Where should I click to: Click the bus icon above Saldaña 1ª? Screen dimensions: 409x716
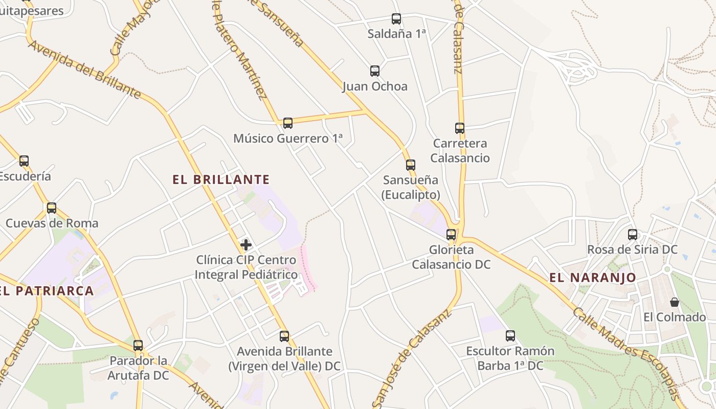[x=396, y=19]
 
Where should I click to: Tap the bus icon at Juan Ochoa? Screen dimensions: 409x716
[x=375, y=71]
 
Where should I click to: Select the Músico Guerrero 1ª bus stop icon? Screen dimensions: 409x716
[x=288, y=123]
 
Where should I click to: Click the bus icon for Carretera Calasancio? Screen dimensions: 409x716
[x=460, y=128]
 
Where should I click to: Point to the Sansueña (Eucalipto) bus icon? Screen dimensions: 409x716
[x=411, y=165]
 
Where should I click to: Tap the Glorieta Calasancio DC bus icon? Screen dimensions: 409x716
[x=451, y=235]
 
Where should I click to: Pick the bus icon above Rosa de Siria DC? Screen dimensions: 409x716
[x=633, y=235]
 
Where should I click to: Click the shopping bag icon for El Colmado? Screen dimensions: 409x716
[x=675, y=302]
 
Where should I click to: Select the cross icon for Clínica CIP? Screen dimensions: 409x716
[x=246, y=245]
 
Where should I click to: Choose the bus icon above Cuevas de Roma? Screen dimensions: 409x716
[x=52, y=208]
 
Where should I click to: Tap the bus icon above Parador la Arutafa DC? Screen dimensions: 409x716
[x=138, y=345]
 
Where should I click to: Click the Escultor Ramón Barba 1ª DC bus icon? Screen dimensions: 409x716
[x=510, y=336]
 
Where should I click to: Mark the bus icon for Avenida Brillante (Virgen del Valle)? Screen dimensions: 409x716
[x=284, y=336]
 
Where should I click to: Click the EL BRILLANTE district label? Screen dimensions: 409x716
[x=221, y=179]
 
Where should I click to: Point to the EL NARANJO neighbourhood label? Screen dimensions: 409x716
[x=593, y=278]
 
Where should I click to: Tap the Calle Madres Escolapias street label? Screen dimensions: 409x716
[x=626, y=353]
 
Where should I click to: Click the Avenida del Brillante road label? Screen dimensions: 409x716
[x=85, y=69]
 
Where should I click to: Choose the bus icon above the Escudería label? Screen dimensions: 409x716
[x=24, y=161]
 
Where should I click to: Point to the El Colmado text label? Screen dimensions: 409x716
[x=675, y=317]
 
